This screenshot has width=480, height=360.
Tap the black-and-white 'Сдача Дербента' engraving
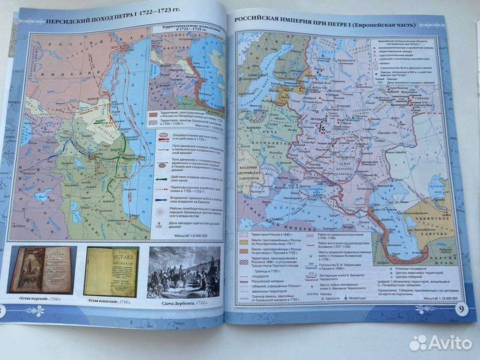pos(184,274)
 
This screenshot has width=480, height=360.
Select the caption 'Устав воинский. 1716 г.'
pos(111,302)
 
